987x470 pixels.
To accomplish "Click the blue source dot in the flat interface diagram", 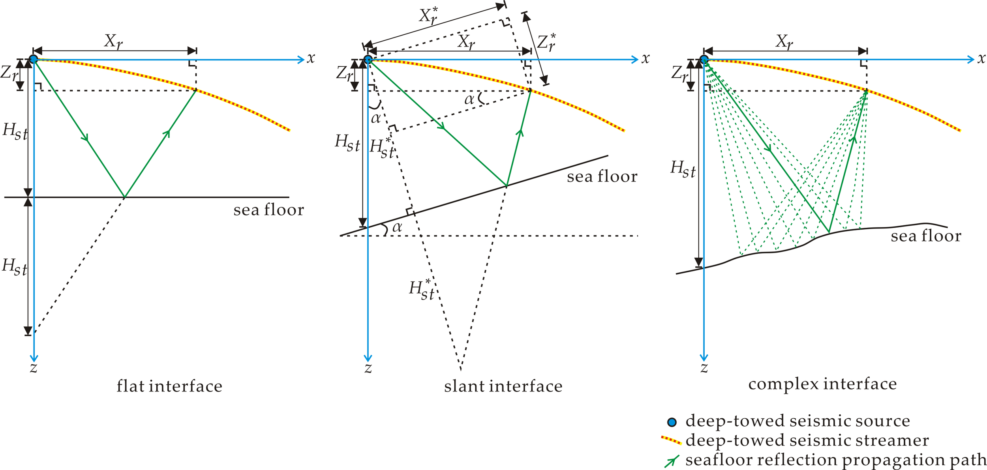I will click(x=34, y=59).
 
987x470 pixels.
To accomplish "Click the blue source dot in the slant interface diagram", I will click(x=368, y=60).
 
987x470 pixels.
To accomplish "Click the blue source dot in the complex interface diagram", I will click(x=704, y=60).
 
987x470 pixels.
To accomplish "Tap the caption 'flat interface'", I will click(x=169, y=386).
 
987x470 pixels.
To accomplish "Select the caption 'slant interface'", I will click(x=503, y=386).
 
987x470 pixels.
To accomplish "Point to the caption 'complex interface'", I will click(x=822, y=384).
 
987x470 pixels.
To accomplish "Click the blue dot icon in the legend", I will click(x=672, y=422).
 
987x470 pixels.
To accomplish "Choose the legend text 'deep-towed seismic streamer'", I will click(x=807, y=440).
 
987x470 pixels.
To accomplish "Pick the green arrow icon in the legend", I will click(x=672, y=461).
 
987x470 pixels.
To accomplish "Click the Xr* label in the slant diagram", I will click(x=428, y=16).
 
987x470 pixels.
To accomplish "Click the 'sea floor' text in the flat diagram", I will click(x=268, y=210).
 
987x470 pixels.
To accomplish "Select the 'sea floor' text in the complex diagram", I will click(x=926, y=236).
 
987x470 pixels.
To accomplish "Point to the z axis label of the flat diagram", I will click(x=34, y=368).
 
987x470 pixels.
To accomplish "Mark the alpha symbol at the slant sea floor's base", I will click(x=397, y=227).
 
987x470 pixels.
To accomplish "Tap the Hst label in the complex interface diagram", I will click(x=683, y=169).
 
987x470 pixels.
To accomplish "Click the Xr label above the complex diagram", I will click(x=784, y=41).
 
